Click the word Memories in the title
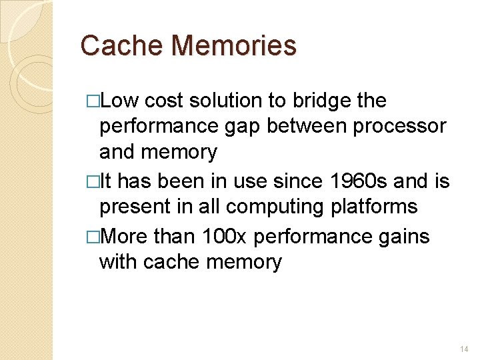tap(233, 45)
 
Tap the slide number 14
tap(465, 349)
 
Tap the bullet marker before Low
tap(93, 101)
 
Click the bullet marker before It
tap(93, 181)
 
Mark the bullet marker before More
tap(93, 237)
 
